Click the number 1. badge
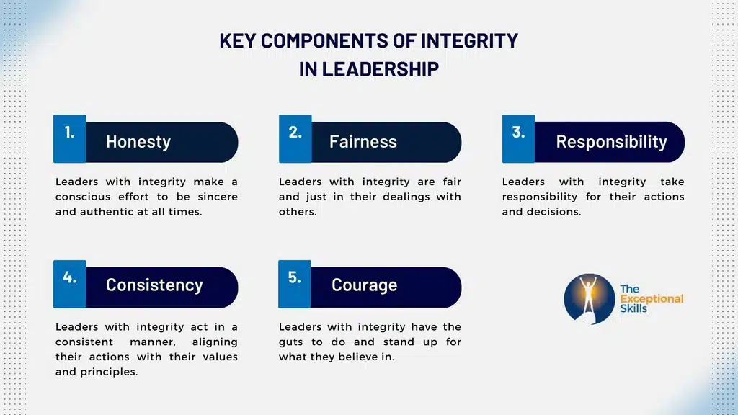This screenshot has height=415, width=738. [69, 133]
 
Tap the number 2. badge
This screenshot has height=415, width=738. [295, 133]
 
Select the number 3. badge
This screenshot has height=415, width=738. [518, 133]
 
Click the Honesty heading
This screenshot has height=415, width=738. [138, 142]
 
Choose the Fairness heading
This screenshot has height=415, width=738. [363, 142]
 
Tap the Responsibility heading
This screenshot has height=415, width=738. [611, 142]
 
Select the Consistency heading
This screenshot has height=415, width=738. [154, 285]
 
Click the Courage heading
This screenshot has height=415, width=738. [364, 285]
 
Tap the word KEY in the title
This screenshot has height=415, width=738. [238, 41]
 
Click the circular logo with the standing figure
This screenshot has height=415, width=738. [587, 298]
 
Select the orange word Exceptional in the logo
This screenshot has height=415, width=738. [652, 299]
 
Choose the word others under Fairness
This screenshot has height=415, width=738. [297, 212]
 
